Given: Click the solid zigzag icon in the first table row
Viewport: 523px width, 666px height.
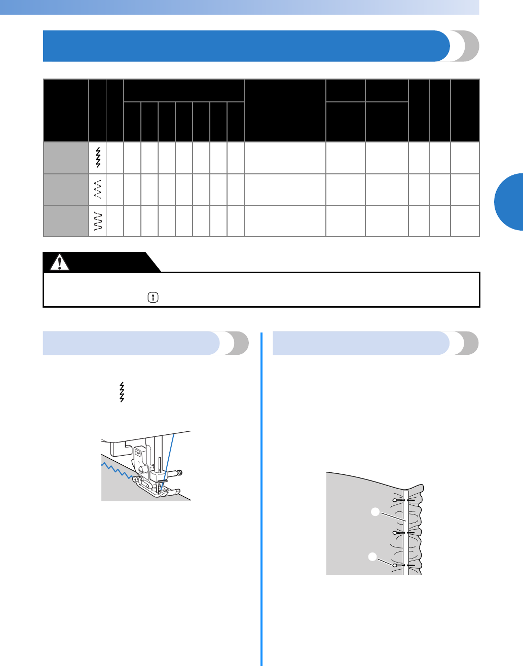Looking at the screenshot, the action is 98,158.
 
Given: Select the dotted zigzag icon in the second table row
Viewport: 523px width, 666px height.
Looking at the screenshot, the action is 98,189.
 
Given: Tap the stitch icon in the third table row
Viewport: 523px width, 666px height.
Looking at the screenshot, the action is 98,221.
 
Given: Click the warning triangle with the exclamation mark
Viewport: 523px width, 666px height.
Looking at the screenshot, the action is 60,263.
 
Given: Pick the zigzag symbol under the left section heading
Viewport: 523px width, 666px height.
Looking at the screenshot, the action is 121,392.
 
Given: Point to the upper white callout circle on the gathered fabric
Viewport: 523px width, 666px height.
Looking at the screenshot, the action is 375,512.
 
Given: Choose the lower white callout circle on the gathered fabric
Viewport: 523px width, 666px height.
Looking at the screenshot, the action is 372,557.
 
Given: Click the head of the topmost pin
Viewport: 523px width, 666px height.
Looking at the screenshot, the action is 395,500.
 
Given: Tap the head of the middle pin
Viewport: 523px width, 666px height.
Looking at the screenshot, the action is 395,533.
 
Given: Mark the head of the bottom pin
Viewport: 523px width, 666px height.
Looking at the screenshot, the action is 395,565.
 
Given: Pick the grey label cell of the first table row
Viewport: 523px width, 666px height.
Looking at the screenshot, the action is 66,158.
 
